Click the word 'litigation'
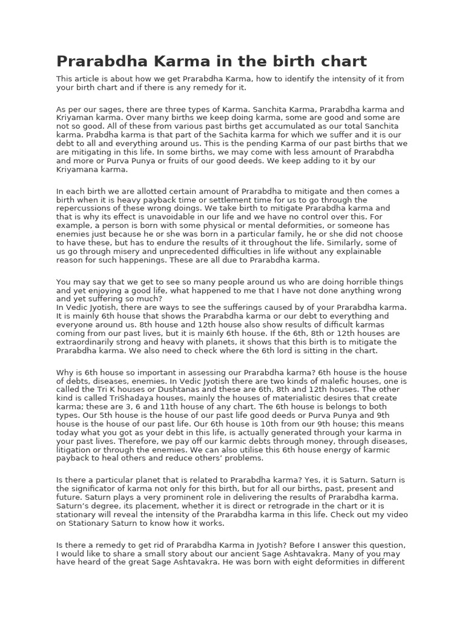pyautogui.click(x=74, y=451)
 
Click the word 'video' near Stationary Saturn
pyautogui.click(x=396, y=515)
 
